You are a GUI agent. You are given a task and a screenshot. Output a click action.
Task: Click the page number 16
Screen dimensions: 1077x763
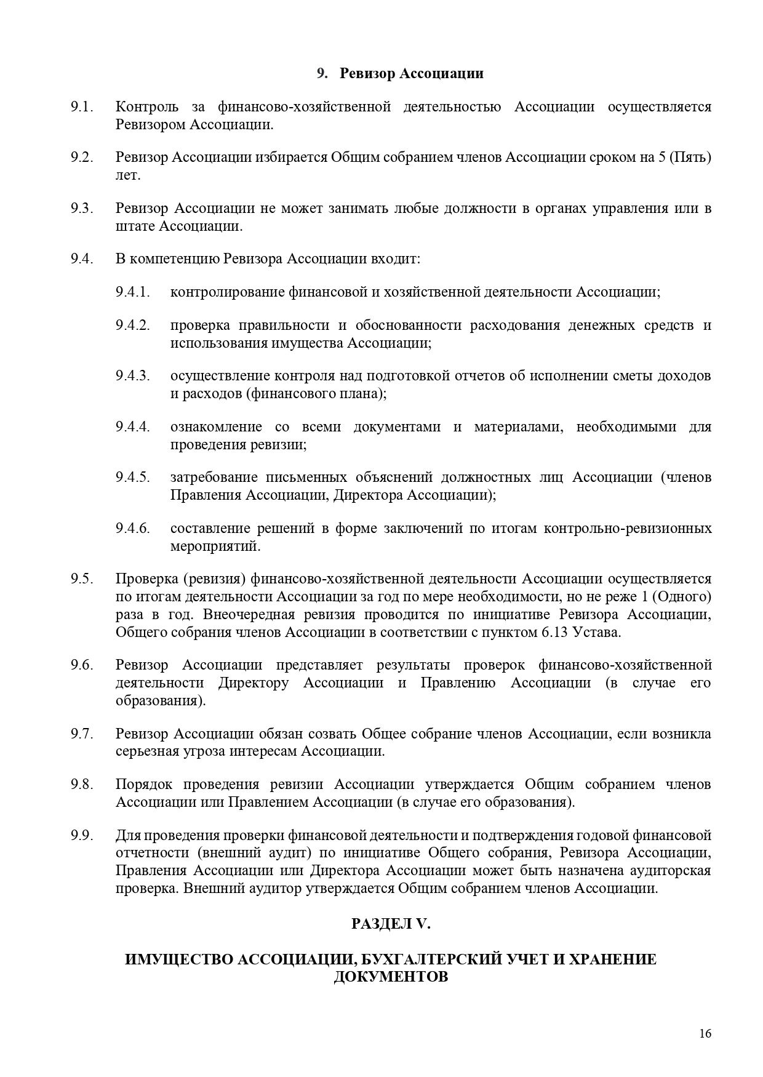705,1033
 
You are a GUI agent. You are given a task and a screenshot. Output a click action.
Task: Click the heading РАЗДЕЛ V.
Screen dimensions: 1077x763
391,924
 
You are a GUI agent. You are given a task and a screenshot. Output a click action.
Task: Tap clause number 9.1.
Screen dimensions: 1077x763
82,106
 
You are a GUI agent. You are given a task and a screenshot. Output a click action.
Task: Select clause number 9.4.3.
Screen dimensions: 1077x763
132,375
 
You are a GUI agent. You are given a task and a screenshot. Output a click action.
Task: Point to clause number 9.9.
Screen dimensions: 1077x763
82,835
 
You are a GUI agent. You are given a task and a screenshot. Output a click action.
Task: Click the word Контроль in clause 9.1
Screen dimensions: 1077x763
147,106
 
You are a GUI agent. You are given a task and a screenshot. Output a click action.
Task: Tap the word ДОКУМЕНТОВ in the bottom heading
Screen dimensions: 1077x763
391,977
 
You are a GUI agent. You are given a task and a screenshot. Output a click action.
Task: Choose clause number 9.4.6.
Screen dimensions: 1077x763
132,528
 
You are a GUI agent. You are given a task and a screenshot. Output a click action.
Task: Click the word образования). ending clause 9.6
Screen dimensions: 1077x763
161,700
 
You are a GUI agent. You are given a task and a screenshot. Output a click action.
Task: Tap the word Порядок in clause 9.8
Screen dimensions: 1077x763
144,785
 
